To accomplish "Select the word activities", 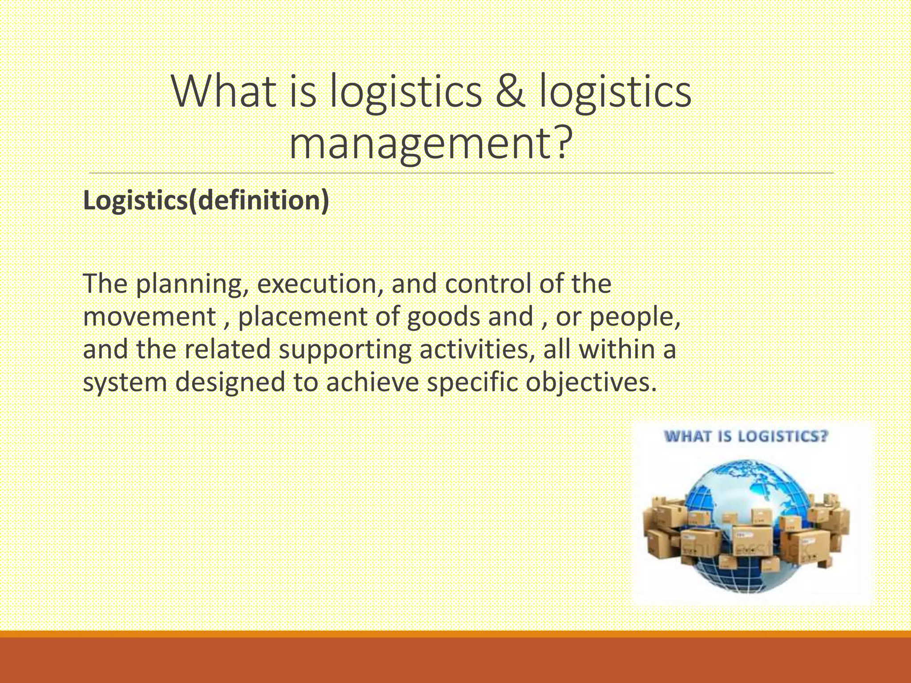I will point(476,350).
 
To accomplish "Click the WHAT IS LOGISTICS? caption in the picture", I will point(746,436).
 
